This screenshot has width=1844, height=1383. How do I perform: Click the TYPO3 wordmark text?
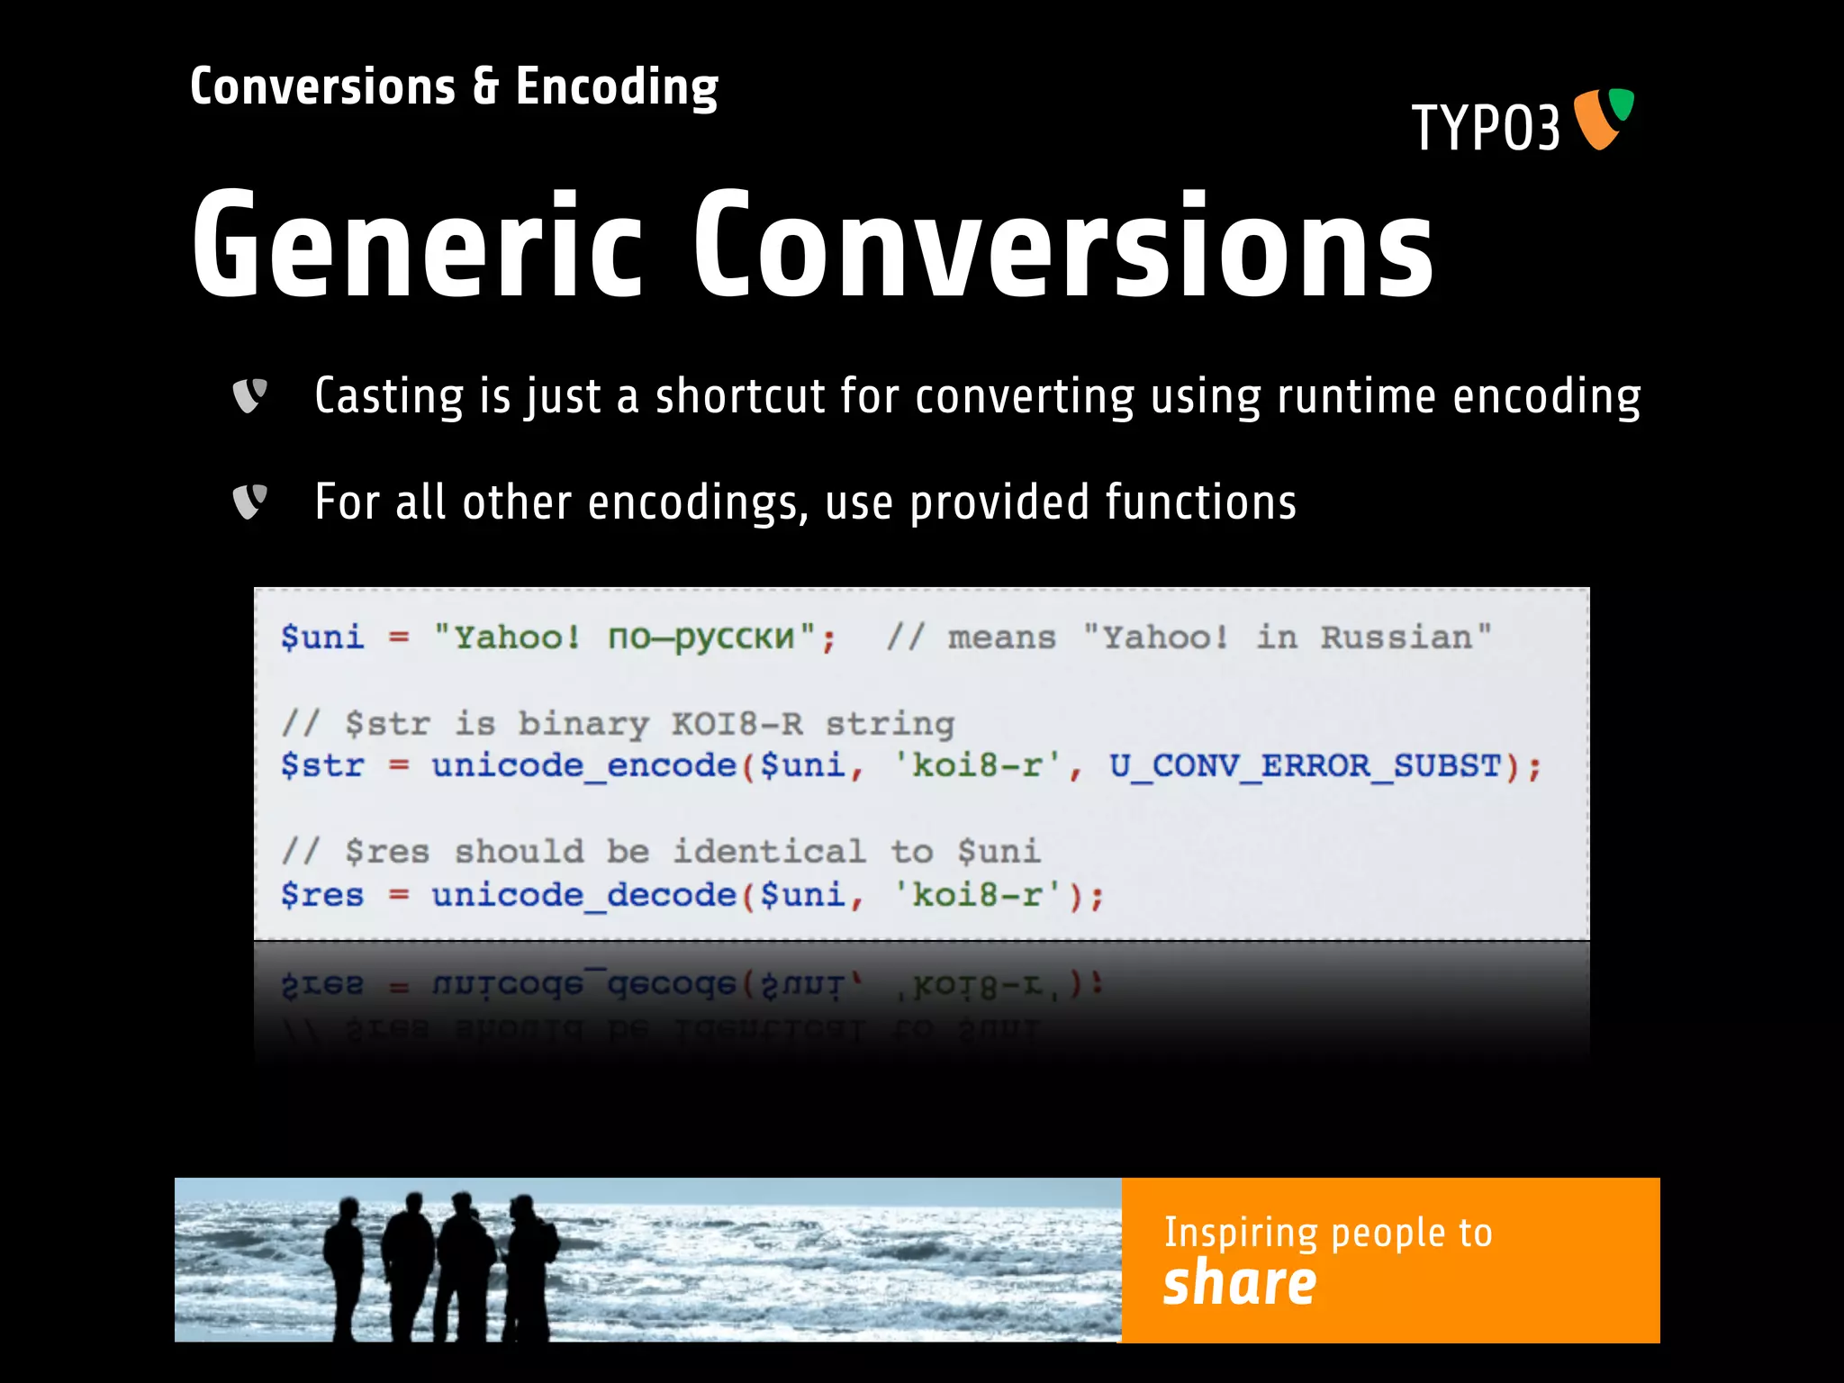coord(1485,128)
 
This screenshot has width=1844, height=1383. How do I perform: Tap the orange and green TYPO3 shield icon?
coord(1604,118)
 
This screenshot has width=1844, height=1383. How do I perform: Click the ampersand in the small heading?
coord(485,86)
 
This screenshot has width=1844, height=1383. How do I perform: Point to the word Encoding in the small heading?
coord(617,88)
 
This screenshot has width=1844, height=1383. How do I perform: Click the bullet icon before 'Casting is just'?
coord(249,395)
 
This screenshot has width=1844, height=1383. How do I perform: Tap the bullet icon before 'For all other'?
coord(249,502)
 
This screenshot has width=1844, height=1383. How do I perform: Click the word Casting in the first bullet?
coord(389,396)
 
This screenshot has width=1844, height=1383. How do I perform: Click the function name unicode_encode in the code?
coord(583,765)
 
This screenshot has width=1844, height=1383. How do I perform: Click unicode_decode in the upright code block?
coord(583,894)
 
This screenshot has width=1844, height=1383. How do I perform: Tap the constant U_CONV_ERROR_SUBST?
coord(1304,765)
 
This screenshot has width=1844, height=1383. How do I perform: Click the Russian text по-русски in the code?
coord(701,637)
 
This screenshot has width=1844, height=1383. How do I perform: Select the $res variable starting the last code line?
coord(321,894)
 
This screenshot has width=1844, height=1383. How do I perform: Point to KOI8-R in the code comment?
coord(737,723)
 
